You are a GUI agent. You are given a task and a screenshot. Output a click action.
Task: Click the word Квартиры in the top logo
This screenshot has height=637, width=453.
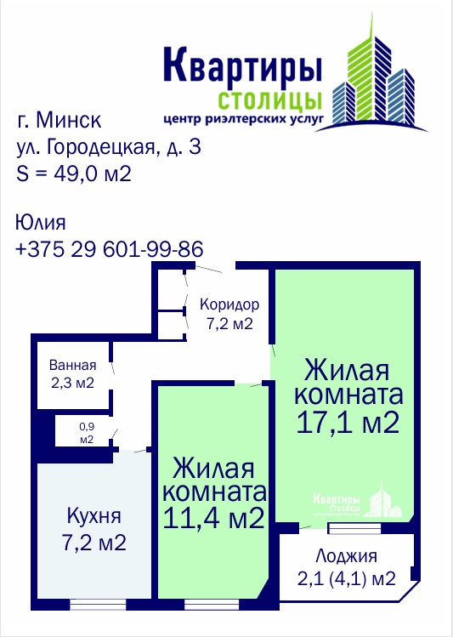pyautogui.click(x=243, y=66)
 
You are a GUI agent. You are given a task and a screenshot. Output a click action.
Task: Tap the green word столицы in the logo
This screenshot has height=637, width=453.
pyautogui.click(x=270, y=100)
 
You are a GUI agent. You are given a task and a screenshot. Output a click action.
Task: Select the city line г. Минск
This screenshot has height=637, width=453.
pyautogui.click(x=59, y=120)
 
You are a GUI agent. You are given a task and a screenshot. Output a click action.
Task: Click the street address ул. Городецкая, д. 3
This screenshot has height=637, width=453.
pyautogui.click(x=109, y=147)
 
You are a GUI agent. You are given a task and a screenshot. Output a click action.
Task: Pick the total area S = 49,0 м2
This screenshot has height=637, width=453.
pyautogui.click(x=74, y=173)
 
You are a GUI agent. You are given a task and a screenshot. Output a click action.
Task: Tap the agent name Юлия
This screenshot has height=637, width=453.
pyautogui.click(x=40, y=223)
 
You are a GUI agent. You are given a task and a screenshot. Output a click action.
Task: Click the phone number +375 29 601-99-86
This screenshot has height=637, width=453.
pyautogui.click(x=109, y=249)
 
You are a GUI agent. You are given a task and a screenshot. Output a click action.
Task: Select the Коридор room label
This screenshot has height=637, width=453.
pyautogui.click(x=229, y=304)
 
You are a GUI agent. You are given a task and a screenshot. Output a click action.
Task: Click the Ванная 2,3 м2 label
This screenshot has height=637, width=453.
pyautogui.click(x=72, y=373)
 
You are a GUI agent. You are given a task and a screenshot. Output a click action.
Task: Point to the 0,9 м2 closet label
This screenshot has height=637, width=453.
pyautogui.click(x=87, y=433)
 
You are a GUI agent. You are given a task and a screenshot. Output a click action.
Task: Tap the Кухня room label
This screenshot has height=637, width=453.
pyautogui.click(x=93, y=516)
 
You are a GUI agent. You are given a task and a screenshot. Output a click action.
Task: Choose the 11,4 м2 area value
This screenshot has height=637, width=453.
pyautogui.click(x=214, y=518)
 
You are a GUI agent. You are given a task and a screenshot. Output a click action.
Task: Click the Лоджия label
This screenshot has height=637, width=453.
pyautogui.click(x=346, y=555)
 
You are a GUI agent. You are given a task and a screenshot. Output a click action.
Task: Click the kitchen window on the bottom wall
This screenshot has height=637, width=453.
pyautogui.click(x=98, y=605)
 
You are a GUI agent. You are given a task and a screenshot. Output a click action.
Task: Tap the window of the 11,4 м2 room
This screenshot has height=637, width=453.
pyautogui.click(x=212, y=605)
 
